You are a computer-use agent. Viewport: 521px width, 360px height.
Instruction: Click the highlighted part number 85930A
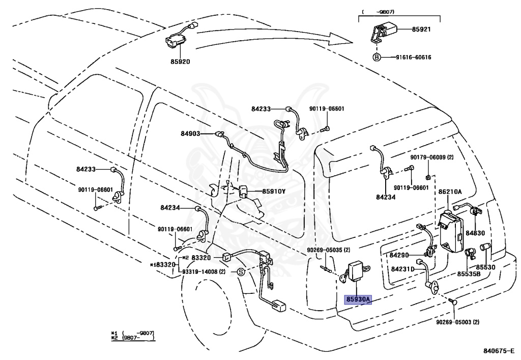point(358,299)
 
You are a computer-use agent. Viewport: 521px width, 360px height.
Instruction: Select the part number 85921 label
point(421,29)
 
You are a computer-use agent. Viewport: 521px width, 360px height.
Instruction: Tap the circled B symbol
point(377,57)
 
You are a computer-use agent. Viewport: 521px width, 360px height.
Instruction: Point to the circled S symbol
point(241,272)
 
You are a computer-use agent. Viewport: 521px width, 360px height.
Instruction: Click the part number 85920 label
point(181,62)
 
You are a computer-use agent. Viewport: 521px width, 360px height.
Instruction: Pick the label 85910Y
point(274,191)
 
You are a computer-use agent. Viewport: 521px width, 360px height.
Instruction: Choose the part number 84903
point(190,133)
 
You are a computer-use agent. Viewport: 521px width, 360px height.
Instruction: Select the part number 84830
point(475,233)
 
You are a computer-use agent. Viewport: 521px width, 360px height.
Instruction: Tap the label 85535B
point(469,274)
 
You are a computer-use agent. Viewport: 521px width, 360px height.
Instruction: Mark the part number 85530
point(485,267)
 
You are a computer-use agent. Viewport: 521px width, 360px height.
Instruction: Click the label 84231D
point(403,269)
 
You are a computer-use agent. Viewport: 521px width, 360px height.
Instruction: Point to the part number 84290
point(399,255)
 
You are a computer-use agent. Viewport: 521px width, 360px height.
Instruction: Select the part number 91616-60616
point(413,57)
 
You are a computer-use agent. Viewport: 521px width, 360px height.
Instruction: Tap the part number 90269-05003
point(453,322)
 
